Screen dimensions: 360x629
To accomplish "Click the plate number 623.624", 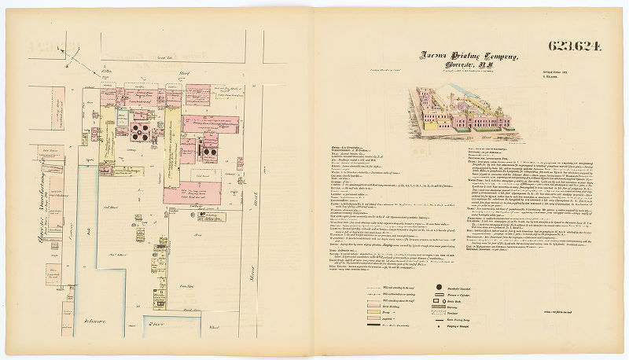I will click(x=572, y=45).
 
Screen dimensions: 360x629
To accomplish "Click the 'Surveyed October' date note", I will click(x=560, y=70).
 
